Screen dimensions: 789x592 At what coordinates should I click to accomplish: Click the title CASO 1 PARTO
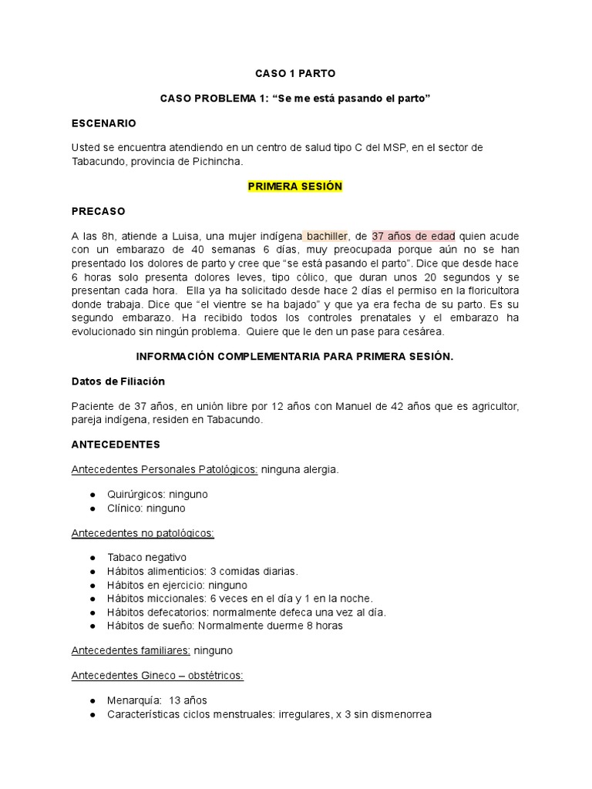click(295, 73)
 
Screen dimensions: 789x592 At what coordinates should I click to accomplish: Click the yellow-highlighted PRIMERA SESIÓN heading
click(295, 186)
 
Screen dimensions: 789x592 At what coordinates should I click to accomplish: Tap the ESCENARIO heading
click(103, 123)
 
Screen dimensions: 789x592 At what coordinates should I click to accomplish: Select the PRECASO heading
click(98, 211)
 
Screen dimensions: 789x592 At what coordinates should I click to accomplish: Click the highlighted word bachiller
click(328, 236)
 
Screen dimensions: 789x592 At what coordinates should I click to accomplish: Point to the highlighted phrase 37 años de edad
click(413, 236)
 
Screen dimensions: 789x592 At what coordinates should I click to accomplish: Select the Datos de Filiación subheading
click(118, 381)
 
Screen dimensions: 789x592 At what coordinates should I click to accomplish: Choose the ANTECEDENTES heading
click(116, 445)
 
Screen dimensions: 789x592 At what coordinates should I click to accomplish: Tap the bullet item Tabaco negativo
click(147, 557)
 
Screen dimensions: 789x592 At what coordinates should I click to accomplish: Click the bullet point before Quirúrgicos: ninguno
click(92, 495)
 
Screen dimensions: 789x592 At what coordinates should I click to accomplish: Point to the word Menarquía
click(135, 700)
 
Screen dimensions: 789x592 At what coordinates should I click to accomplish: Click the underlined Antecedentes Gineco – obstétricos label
click(157, 676)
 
